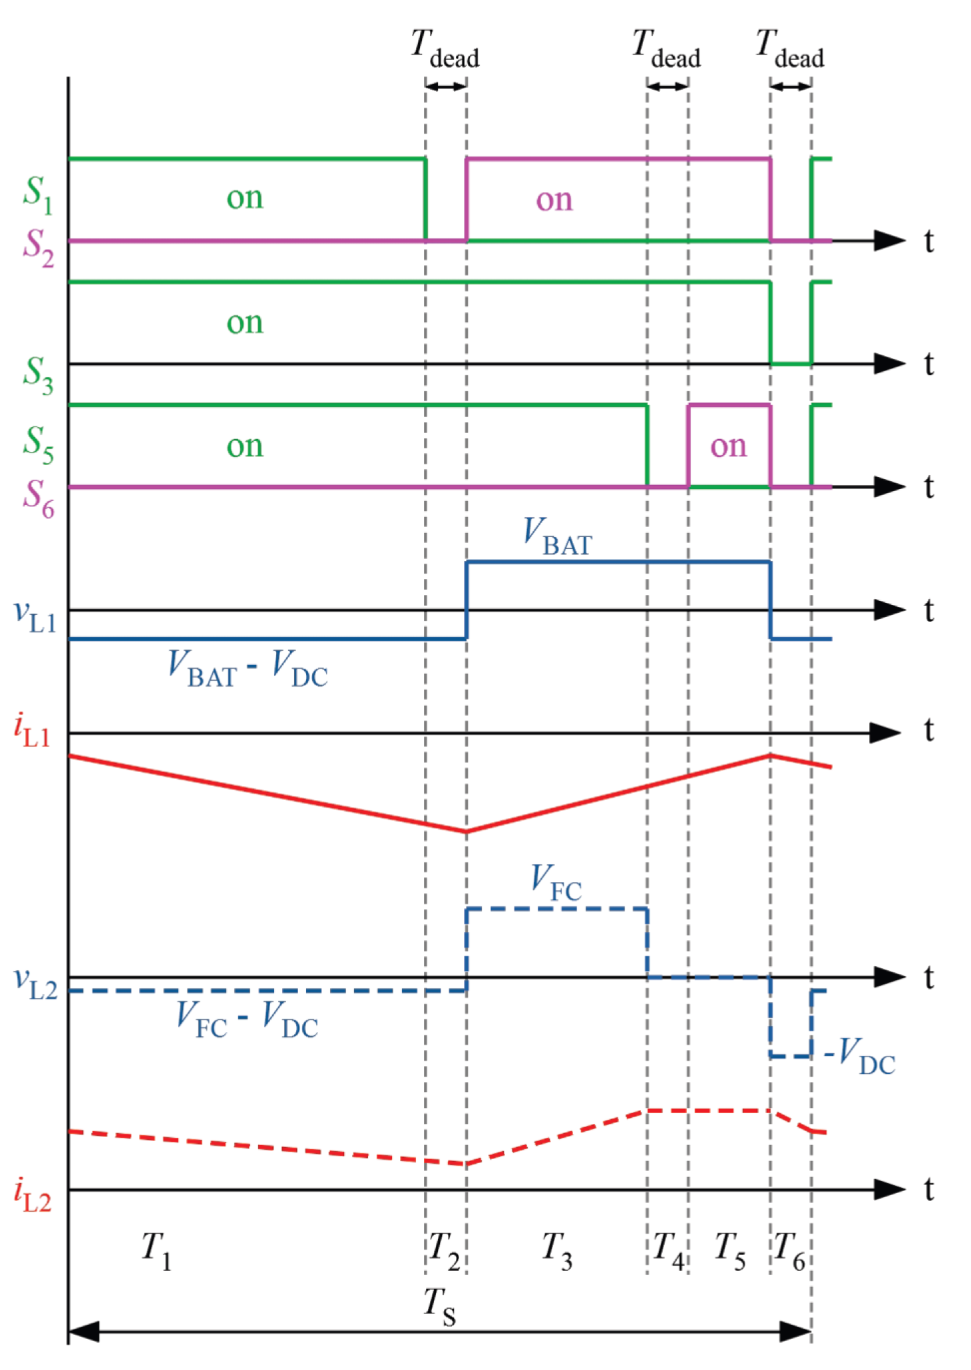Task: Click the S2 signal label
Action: pos(38,248)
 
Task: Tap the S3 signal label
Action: pos(37,375)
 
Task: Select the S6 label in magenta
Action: pos(38,498)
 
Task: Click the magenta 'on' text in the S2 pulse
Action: pos(554,200)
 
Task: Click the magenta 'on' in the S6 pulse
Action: pos(728,446)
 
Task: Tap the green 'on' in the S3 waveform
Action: pos(245,323)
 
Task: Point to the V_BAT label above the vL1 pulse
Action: pos(557,536)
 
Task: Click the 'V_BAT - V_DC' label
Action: pos(248,668)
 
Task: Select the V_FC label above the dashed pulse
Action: pos(556,882)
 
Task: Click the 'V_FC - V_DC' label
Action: pos(247,1019)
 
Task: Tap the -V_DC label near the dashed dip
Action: pos(860,1056)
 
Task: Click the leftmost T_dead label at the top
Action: pos(445,49)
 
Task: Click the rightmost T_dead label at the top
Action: pos(790,49)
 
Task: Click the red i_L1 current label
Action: pos(31,731)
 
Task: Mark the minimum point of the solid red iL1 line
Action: pos(466,832)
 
